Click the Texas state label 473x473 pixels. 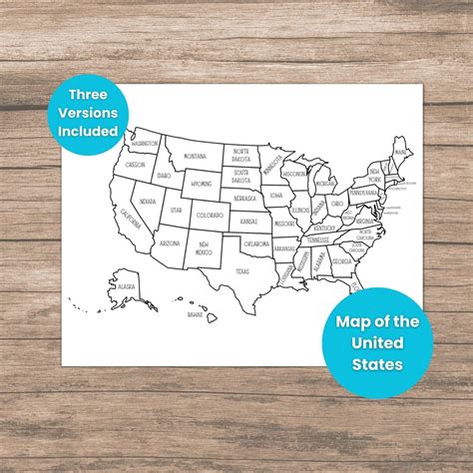tap(242, 270)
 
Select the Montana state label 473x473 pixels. tap(195, 156)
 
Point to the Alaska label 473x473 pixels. tap(126, 286)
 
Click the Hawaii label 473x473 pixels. tap(196, 314)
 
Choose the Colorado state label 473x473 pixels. tap(210, 216)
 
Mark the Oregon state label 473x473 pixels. tap(136, 165)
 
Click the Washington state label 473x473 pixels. tap(143, 143)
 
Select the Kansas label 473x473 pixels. tap(248, 221)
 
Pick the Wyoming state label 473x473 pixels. tap(203, 184)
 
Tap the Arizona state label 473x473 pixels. tap(170, 242)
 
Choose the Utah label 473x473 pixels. tap(176, 210)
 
